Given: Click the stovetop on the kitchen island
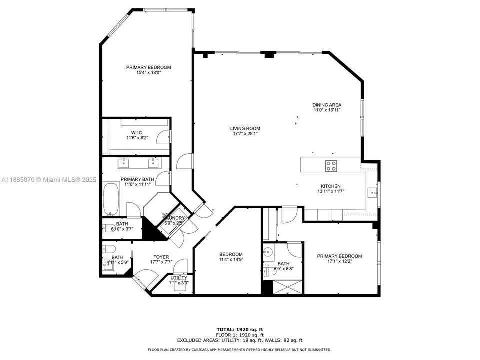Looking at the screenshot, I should click(x=331, y=165).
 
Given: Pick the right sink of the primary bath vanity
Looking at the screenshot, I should click(x=152, y=162).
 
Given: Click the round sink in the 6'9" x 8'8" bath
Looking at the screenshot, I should click(x=268, y=251).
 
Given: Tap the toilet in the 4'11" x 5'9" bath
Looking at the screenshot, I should click(x=106, y=248).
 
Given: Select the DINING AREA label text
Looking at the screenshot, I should click(x=327, y=105).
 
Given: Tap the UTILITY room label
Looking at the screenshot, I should click(x=179, y=278).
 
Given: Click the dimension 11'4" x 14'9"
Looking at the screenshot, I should click(x=230, y=259).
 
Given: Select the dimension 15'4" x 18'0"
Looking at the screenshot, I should click(x=148, y=73).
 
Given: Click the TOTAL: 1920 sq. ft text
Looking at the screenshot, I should click(x=239, y=329).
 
